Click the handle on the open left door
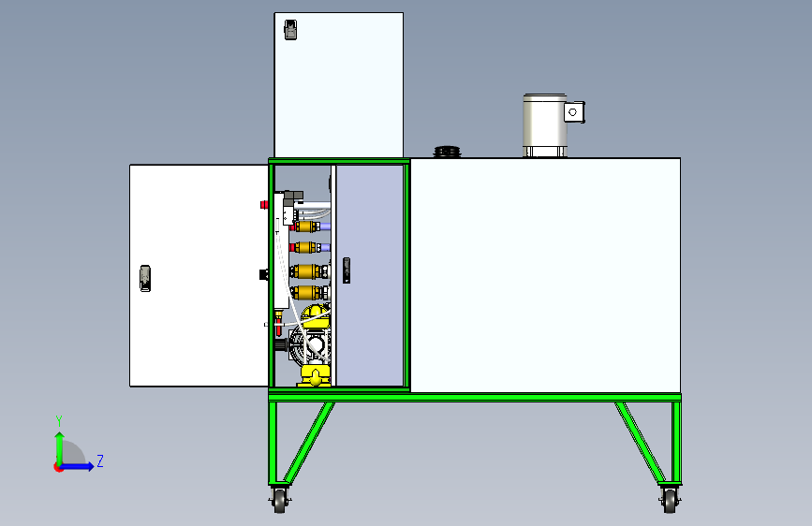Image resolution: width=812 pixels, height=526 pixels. click(145, 277)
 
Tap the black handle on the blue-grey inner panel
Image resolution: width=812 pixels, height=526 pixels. click(347, 270)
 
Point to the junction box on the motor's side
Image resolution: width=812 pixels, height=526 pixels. click(574, 111)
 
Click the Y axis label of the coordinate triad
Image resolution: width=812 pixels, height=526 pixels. click(58, 420)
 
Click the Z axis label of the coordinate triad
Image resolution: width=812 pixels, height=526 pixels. click(99, 460)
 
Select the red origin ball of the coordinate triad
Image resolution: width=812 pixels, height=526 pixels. click(59, 466)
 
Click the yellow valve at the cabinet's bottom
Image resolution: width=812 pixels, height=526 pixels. click(313, 377)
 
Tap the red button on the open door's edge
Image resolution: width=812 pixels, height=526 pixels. click(263, 204)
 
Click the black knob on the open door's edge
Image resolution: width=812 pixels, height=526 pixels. click(263, 274)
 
